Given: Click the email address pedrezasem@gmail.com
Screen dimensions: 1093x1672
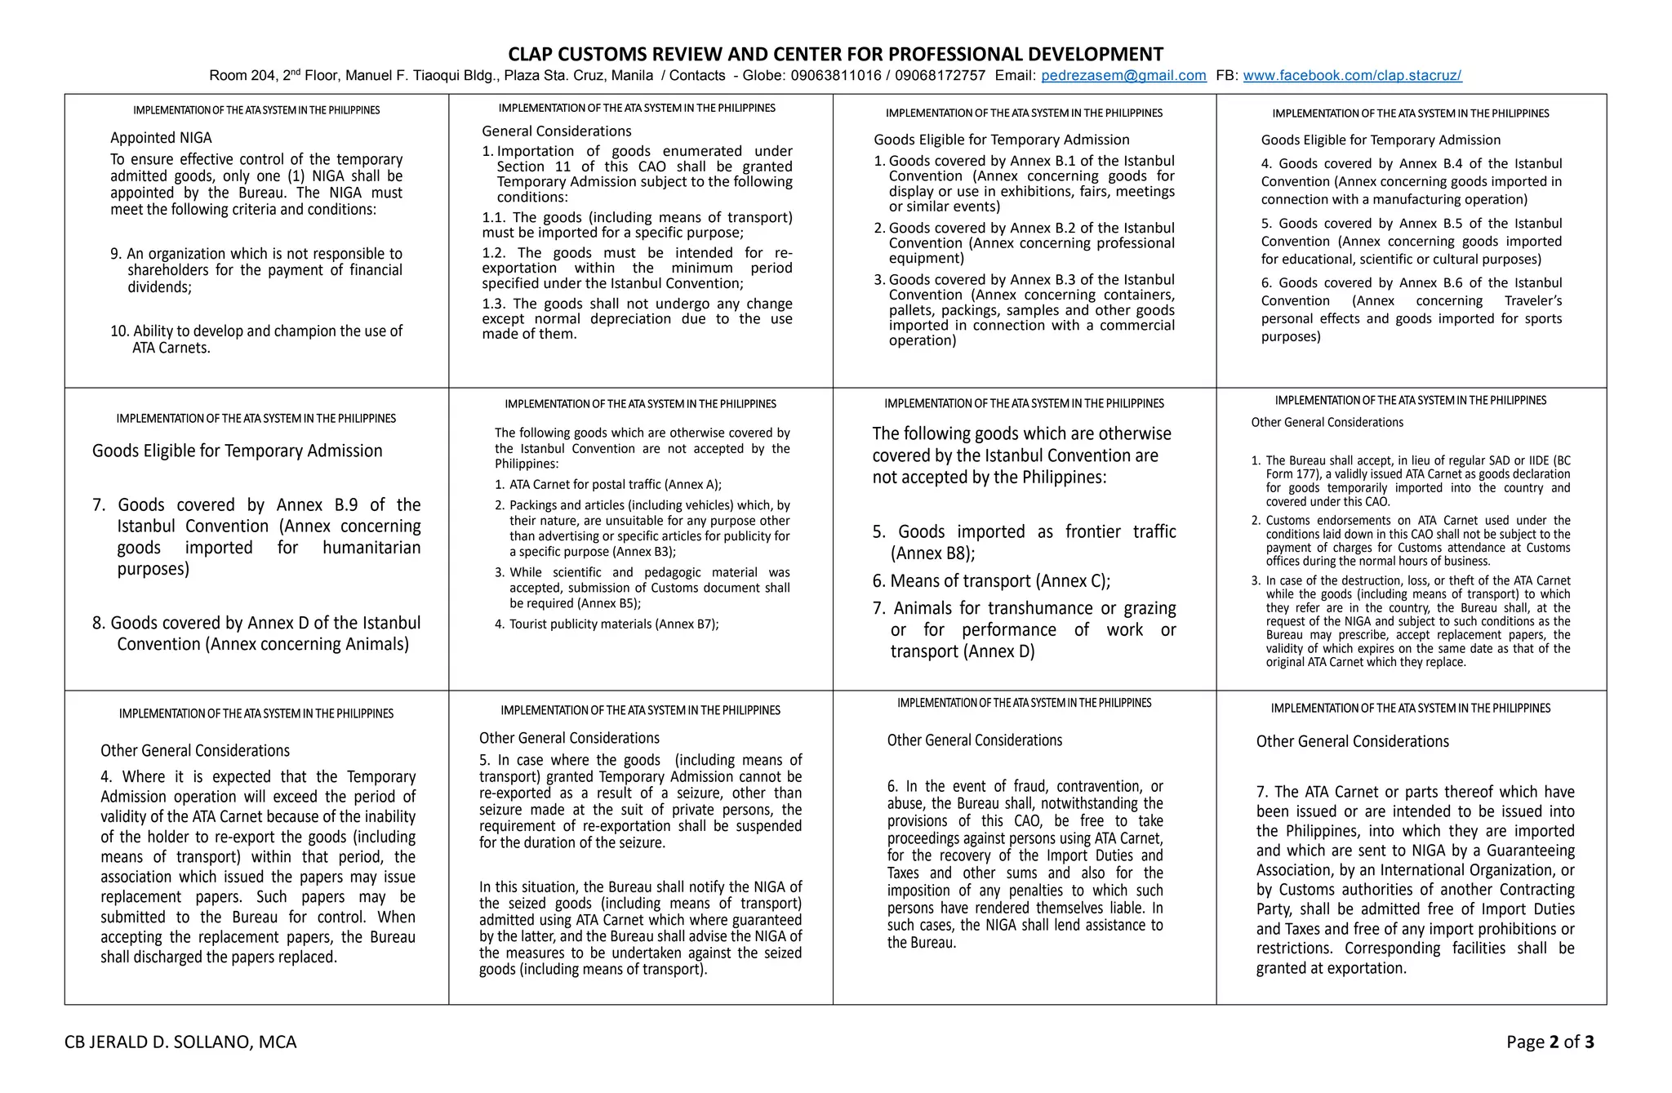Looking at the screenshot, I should click(x=1123, y=76).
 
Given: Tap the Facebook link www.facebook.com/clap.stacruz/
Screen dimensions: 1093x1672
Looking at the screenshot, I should click(x=1352, y=76).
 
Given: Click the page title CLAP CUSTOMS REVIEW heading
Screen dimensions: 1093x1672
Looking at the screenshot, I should click(x=835, y=54).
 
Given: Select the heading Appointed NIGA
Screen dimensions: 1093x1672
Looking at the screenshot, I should click(x=161, y=138).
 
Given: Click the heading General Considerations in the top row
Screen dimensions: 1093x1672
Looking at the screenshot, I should click(x=556, y=131).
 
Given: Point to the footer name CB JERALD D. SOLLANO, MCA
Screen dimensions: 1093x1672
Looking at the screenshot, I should click(x=180, y=1042).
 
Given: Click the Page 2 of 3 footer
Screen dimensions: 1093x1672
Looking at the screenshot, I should click(x=1550, y=1042).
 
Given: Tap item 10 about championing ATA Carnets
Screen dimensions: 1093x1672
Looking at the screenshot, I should click(x=256, y=340).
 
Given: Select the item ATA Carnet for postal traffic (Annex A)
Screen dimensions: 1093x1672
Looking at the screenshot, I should click(x=614, y=484).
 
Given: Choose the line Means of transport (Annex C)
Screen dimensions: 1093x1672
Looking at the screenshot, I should click(x=991, y=581).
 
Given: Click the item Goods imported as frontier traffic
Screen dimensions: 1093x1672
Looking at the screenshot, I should click(x=1024, y=542).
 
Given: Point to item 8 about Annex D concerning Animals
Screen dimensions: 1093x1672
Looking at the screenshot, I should click(x=256, y=633).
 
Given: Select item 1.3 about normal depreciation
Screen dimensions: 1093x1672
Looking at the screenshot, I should click(x=637, y=318).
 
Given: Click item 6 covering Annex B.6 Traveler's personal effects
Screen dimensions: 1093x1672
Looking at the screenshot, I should click(x=1411, y=309).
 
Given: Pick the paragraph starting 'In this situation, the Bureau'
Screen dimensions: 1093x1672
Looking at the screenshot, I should click(x=640, y=927).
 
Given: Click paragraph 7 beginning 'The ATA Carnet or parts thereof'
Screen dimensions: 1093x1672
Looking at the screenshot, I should click(x=1415, y=879).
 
